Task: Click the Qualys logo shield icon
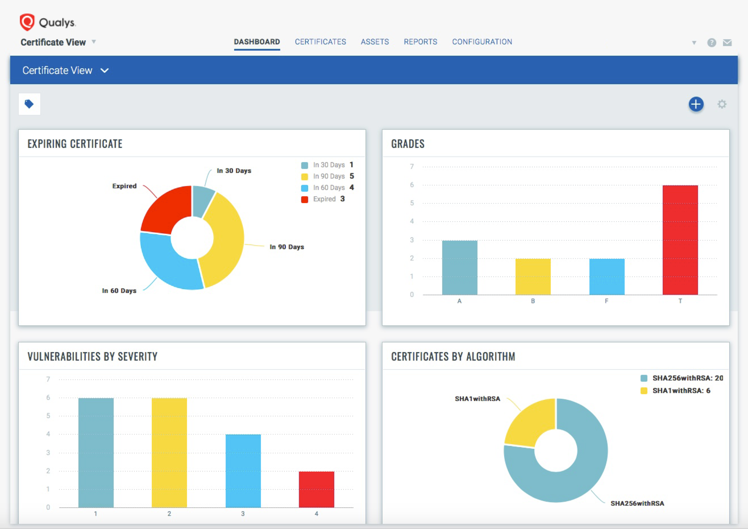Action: [x=27, y=22]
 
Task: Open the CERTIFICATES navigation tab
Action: [x=320, y=42]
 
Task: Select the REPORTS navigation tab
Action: [x=420, y=42]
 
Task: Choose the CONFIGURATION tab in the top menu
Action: [x=482, y=42]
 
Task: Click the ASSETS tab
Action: [x=375, y=42]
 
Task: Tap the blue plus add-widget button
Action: [x=696, y=104]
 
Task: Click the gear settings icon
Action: [x=722, y=104]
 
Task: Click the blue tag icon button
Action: [x=29, y=104]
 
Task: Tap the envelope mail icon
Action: [x=727, y=43]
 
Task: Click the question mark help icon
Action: [x=712, y=43]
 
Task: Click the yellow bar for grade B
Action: [x=533, y=277]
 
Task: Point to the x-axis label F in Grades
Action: [x=606, y=301]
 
